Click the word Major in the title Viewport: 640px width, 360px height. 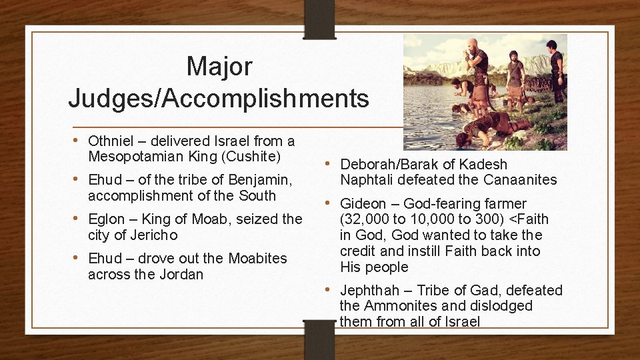point(219,66)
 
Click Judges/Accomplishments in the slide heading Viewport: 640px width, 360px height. point(219,98)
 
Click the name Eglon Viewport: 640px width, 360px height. point(107,219)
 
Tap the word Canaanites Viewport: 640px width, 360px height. point(520,180)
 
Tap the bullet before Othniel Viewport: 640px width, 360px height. point(79,140)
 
